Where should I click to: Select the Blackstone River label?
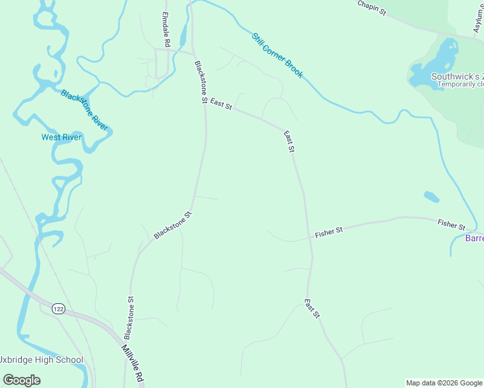pos(84,110)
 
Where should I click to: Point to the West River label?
pos(61,137)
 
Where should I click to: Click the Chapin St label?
pos(371,6)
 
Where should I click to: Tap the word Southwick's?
pos(461,76)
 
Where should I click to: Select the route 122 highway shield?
pos(58,308)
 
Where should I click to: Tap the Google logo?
pos(21,380)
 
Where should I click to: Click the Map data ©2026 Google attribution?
pos(444,383)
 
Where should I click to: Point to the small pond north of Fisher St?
pos(431,197)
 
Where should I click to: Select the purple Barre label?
pos(474,238)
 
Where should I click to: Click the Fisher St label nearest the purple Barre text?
pos(451,224)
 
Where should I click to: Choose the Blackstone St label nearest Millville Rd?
pos(129,318)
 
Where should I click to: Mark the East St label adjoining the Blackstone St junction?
pos(221,104)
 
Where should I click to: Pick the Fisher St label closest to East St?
pos(329,232)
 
